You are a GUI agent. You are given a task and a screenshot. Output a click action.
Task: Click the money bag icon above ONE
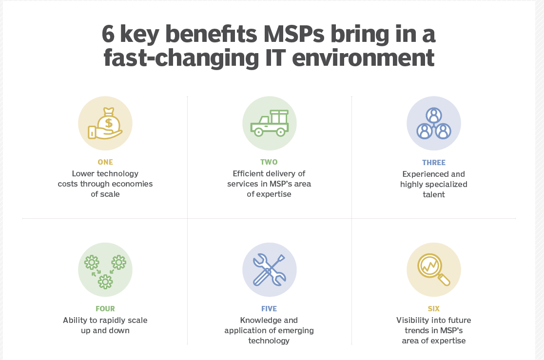[x=105, y=123]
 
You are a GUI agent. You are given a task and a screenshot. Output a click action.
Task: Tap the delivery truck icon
[x=270, y=123]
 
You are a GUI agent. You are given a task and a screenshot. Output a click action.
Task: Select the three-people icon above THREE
[x=434, y=123]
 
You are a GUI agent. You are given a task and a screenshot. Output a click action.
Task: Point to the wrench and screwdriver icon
[x=270, y=270]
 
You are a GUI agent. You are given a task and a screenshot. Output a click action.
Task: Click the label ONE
[x=105, y=162]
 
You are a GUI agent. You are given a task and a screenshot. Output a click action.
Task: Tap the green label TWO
[x=269, y=162]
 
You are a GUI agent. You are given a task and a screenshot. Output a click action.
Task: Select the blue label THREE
[x=434, y=162]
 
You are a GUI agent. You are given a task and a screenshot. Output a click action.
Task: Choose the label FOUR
[x=105, y=309]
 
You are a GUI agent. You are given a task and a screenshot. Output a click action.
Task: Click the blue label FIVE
[x=269, y=309]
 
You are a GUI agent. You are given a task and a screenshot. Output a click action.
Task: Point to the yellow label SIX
[x=434, y=309]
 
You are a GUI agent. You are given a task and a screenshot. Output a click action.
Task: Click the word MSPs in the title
[x=293, y=34]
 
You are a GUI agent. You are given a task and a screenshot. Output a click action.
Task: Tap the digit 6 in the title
[x=108, y=34]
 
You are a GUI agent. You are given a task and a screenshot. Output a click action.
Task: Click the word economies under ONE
[x=134, y=184]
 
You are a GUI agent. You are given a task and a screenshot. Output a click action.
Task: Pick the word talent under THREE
[x=434, y=194]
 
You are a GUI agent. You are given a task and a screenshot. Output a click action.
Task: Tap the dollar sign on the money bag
[x=109, y=123]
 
